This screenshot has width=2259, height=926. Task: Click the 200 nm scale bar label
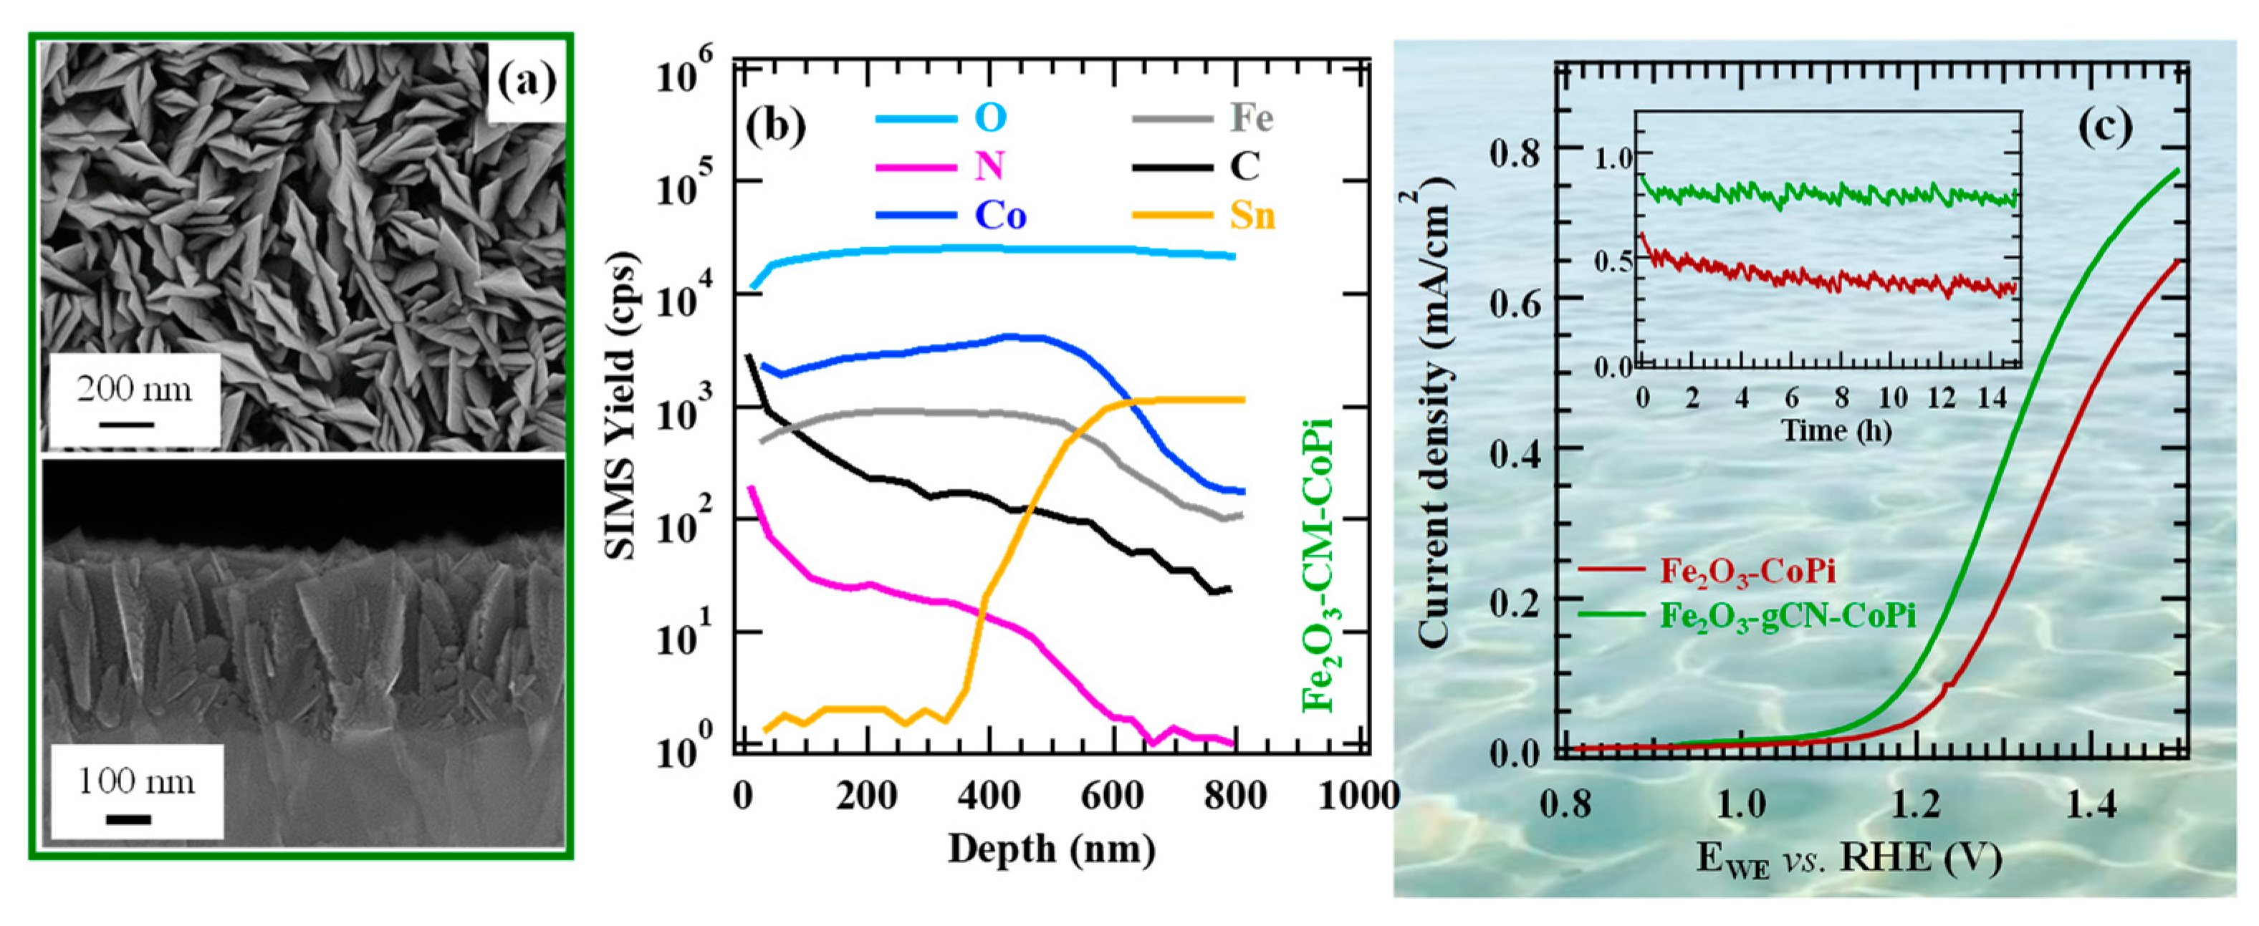pyautogui.click(x=133, y=388)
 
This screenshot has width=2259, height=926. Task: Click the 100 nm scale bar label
pyautogui.click(x=136, y=781)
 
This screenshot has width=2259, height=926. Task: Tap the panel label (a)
pyautogui.click(x=526, y=82)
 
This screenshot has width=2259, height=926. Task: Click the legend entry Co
pyautogui.click(x=999, y=216)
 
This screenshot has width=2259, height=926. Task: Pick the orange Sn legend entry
pyautogui.click(x=1252, y=216)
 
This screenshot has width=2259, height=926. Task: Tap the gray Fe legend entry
pyautogui.click(x=1250, y=118)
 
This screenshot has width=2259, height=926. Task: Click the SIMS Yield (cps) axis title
pyautogui.click(x=621, y=406)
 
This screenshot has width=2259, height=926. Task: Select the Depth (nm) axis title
pyautogui.click(x=1052, y=849)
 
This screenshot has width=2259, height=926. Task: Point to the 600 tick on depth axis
pyautogui.click(x=1113, y=796)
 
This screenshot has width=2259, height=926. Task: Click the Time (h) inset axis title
pyautogui.click(x=1836, y=430)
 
